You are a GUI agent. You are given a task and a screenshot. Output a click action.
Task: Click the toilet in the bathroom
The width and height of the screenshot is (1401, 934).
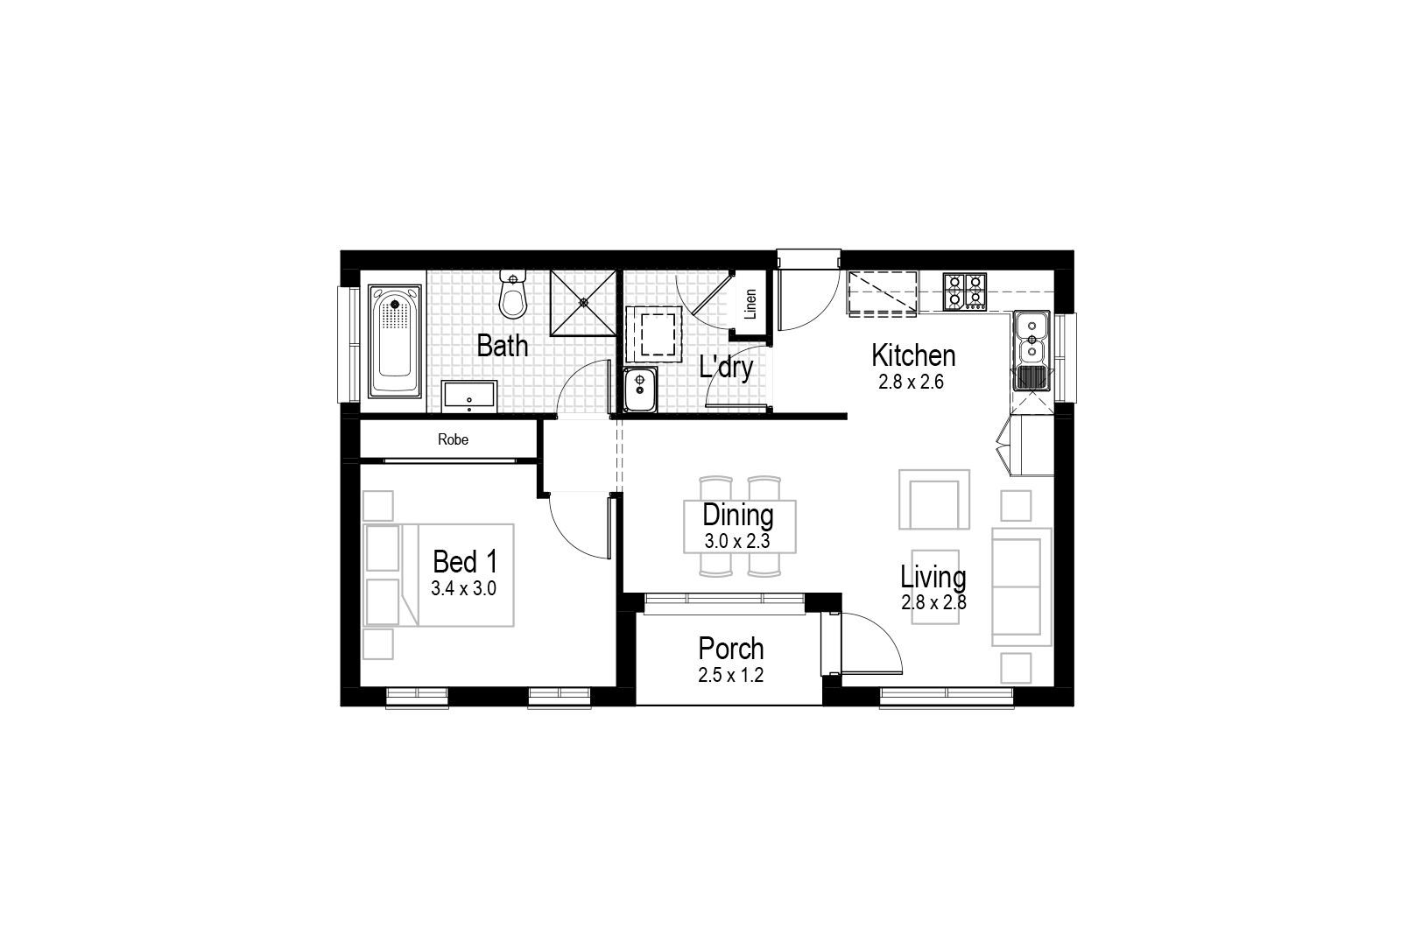(513, 294)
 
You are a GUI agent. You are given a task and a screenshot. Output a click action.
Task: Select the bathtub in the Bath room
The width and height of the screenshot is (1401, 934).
(395, 341)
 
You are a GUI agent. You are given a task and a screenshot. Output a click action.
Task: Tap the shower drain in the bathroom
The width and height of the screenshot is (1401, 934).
(583, 303)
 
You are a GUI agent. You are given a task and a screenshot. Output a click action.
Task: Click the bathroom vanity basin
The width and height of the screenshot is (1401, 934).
(469, 397)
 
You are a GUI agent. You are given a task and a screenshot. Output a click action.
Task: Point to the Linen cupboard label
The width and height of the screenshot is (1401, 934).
(750, 304)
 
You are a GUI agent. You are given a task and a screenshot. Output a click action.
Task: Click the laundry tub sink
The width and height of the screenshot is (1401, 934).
(640, 390)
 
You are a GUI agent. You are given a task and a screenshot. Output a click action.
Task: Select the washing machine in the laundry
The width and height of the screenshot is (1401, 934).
(654, 334)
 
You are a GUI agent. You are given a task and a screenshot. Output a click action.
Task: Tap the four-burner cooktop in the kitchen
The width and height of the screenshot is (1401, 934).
(964, 292)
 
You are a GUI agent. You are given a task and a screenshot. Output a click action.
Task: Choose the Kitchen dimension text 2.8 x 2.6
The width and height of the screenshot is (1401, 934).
(911, 382)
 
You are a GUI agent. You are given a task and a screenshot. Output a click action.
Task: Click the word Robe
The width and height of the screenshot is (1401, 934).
(453, 439)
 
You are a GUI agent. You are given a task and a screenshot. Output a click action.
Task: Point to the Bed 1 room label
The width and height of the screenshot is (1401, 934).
(465, 561)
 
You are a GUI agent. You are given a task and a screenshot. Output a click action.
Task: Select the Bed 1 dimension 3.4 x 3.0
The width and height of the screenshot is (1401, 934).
(463, 589)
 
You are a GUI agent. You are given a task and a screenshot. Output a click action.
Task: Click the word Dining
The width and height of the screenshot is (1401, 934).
(738, 516)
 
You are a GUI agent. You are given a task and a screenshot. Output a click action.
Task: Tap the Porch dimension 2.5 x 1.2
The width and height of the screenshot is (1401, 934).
(731, 675)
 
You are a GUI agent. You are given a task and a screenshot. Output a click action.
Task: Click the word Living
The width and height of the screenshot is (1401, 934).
(933, 578)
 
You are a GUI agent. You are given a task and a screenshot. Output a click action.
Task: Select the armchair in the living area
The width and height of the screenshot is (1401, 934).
(934, 500)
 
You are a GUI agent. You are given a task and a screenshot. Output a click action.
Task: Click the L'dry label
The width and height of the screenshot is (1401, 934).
(726, 368)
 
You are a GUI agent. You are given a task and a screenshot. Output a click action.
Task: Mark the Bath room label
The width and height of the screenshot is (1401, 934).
(503, 346)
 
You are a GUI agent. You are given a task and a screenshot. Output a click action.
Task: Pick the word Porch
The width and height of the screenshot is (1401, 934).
(731, 649)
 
